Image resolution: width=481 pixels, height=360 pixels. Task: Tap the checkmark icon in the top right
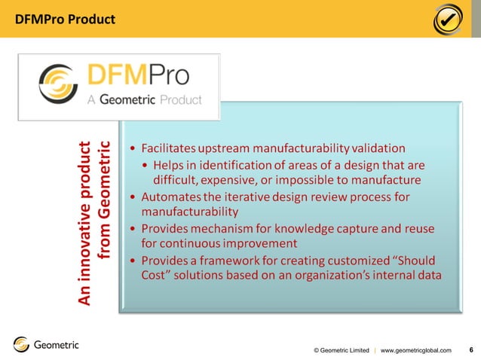click(449, 20)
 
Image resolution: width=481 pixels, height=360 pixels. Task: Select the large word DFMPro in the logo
click(138, 75)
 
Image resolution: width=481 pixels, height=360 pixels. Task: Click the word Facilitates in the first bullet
click(172, 148)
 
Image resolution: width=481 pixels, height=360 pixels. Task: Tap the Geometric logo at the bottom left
click(46, 345)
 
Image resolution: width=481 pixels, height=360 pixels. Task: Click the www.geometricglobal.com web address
click(416, 350)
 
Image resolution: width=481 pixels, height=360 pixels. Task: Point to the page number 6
click(471, 349)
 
